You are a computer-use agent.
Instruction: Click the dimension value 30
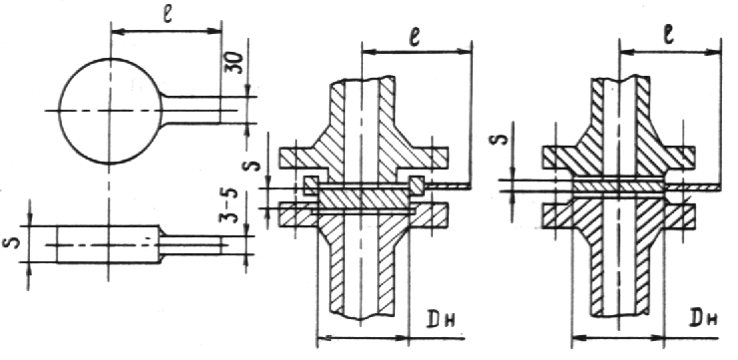237,63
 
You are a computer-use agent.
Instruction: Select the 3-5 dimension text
228,205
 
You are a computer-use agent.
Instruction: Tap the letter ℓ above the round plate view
168,16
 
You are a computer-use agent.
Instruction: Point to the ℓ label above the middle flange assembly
414,38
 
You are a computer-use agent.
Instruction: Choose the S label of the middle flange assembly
253,165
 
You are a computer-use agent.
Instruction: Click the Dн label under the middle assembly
444,320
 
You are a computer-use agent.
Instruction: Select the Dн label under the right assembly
704,319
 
